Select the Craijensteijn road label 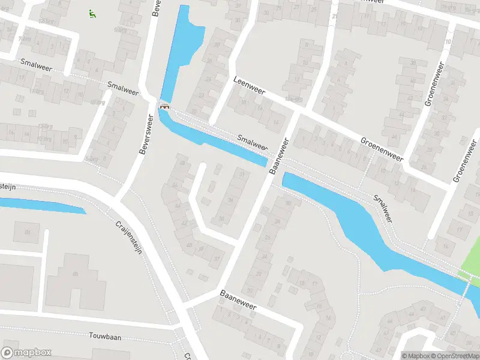coord(130,237)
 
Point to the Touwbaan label coord(105,337)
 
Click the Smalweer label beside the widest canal coord(382,209)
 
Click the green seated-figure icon coord(92,13)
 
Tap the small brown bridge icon coord(164,107)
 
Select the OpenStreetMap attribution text coord(455,356)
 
